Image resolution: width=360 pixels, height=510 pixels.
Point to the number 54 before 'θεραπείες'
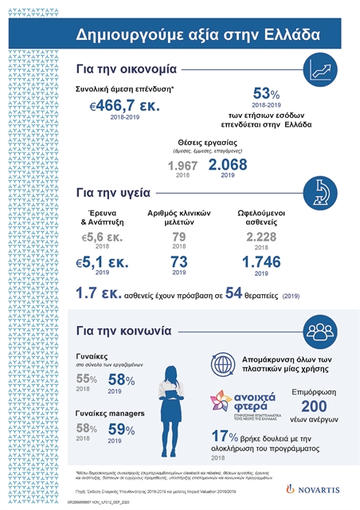(233, 293)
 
